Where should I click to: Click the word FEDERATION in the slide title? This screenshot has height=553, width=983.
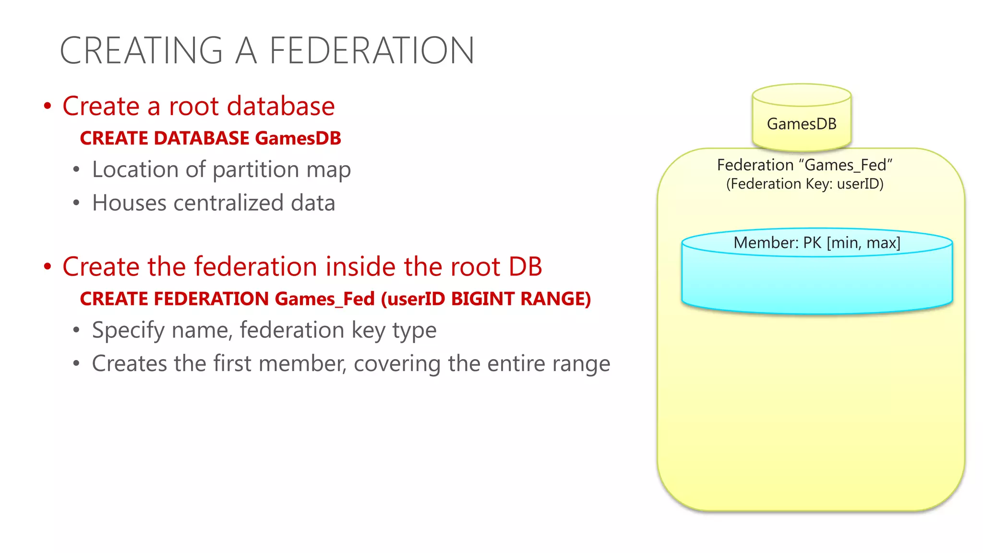click(372, 51)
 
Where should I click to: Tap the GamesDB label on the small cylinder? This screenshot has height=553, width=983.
click(802, 124)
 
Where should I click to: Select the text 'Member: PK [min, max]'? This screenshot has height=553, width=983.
click(816, 242)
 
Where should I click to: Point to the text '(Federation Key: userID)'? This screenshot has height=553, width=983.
click(804, 184)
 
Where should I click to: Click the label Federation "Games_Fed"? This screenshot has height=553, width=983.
click(804, 165)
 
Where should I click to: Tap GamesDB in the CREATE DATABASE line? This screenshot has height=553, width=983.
click(298, 138)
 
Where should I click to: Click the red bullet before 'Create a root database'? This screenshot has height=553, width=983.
click(48, 106)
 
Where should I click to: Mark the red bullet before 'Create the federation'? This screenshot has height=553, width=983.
click(48, 267)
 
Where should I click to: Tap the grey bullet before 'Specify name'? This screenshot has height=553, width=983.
click(76, 330)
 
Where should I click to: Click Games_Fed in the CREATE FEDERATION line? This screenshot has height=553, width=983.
click(324, 299)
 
